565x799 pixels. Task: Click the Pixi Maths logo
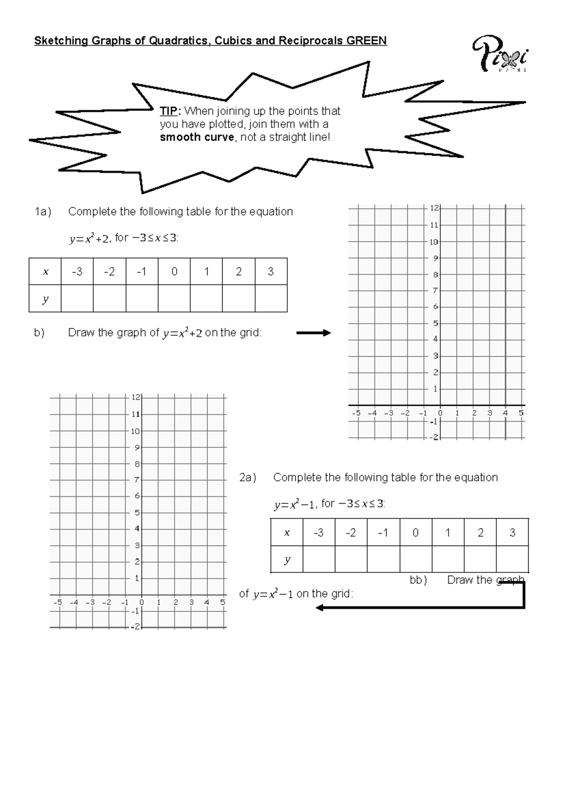pyautogui.click(x=500, y=54)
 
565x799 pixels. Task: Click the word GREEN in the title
pyautogui.click(x=366, y=41)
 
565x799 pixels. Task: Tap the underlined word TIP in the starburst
pyautogui.click(x=169, y=111)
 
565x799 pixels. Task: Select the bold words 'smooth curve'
pyautogui.click(x=197, y=138)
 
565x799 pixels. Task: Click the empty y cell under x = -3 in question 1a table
pyautogui.click(x=77, y=299)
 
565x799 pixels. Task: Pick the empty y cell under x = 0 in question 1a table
pyautogui.click(x=174, y=299)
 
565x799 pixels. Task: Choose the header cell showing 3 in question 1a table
pyautogui.click(x=271, y=272)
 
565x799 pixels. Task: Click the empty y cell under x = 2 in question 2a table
pyautogui.click(x=480, y=559)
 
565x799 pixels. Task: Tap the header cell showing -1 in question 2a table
pyautogui.click(x=383, y=533)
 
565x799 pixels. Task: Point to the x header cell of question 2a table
pyautogui.click(x=287, y=533)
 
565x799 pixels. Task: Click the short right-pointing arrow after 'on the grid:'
pyautogui.click(x=314, y=333)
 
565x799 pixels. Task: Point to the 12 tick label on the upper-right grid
pyautogui.click(x=434, y=208)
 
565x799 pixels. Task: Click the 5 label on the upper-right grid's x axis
pyautogui.click(x=521, y=413)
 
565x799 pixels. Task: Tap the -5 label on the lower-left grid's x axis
pyautogui.click(x=57, y=602)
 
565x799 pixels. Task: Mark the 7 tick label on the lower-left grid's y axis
pyautogui.click(x=137, y=480)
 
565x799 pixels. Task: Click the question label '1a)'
pyautogui.click(x=42, y=212)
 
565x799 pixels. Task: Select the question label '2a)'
pyautogui.click(x=248, y=478)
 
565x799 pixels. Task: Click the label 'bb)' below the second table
pyautogui.click(x=418, y=580)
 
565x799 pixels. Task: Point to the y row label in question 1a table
pyautogui.click(x=45, y=299)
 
